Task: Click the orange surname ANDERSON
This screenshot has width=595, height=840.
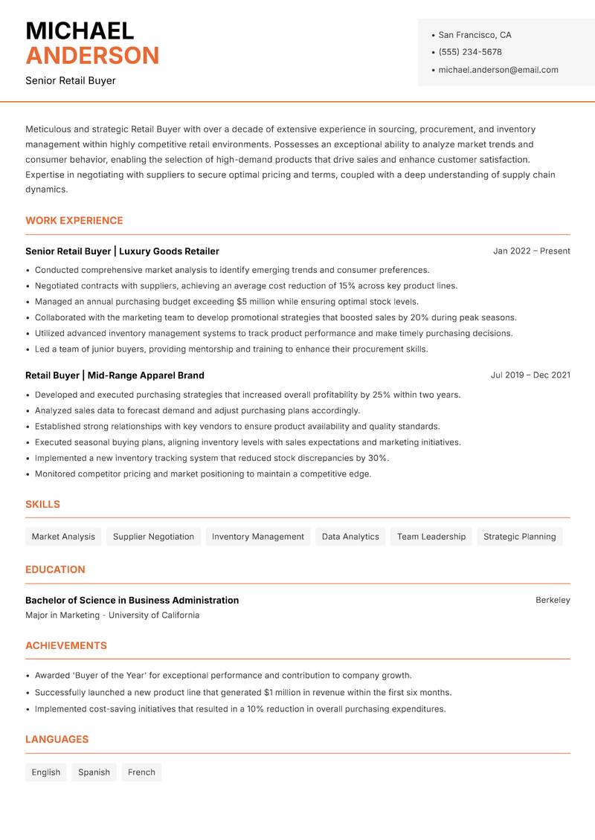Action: pyautogui.click(x=92, y=56)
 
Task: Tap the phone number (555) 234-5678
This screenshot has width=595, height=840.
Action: pyautogui.click(x=470, y=52)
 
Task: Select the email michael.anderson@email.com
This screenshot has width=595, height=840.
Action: pyautogui.click(x=498, y=70)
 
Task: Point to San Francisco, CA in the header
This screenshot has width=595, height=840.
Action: pyautogui.click(x=475, y=35)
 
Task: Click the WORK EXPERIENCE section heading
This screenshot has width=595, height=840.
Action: pyautogui.click(x=74, y=221)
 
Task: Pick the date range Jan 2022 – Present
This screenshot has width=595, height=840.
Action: pyautogui.click(x=531, y=251)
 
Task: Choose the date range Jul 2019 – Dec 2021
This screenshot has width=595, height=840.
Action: pyautogui.click(x=530, y=375)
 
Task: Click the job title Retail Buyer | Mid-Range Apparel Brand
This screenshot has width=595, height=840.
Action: pyautogui.click(x=115, y=375)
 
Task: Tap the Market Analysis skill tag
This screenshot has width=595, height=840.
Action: pyautogui.click(x=63, y=537)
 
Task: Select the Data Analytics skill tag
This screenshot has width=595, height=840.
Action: pyautogui.click(x=350, y=537)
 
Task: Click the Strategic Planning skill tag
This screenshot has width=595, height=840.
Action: pyautogui.click(x=519, y=537)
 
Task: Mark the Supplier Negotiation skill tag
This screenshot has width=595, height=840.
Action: pyautogui.click(x=153, y=537)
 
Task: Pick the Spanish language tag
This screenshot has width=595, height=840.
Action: pyautogui.click(x=94, y=772)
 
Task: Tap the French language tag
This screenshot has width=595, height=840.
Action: pyautogui.click(x=141, y=772)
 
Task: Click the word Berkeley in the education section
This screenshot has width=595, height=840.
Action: pyautogui.click(x=553, y=600)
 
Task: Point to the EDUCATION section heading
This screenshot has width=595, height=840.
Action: pyautogui.click(x=55, y=569)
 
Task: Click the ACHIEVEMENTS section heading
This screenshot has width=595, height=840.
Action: pyautogui.click(x=66, y=646)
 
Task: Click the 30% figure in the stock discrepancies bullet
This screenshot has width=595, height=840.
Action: pyautogui.click(x=377, y=458)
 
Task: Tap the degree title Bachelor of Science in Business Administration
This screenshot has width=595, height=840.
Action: pyautogui.click(x=132, y=600)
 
